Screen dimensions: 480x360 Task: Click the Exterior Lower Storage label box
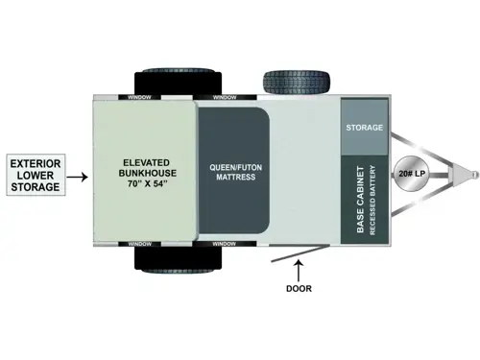36,177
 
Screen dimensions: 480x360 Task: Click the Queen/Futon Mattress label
232,171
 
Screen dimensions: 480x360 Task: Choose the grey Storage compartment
364,128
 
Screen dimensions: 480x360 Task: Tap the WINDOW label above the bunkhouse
133,98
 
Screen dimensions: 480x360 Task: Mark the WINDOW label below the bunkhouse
133,244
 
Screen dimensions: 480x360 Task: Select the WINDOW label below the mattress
224,244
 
